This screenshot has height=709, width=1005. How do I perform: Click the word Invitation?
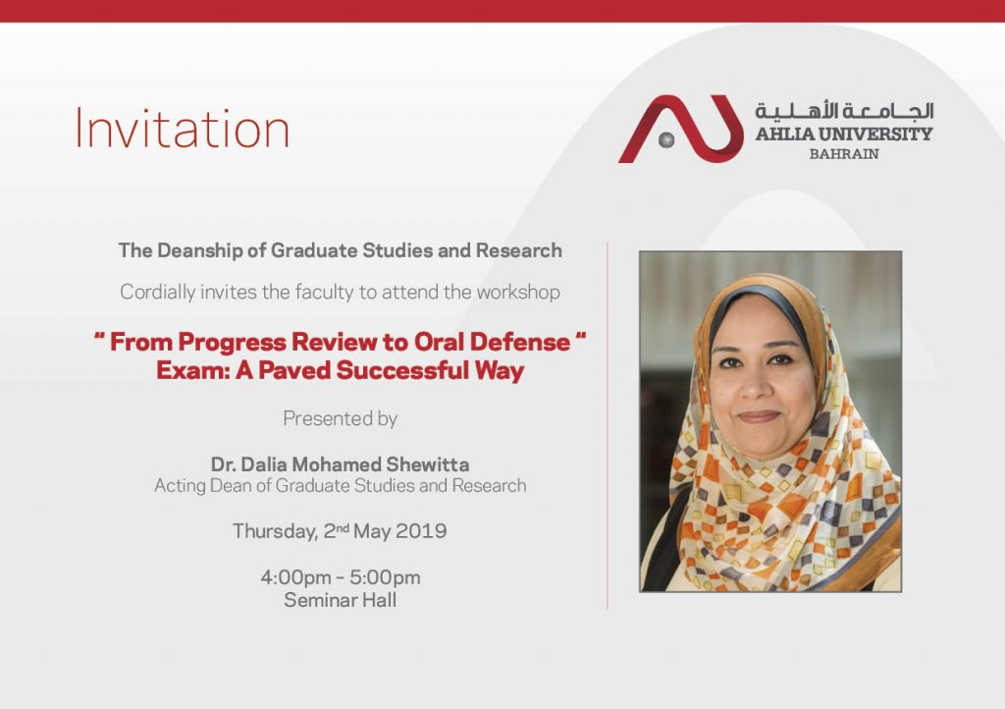(x=183, y=129)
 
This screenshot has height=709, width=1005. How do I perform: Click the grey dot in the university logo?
(x=666, y=139)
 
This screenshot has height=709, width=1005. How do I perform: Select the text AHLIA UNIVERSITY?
(x=844, y=134)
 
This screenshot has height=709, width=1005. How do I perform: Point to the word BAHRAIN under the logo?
(x=844, y=154)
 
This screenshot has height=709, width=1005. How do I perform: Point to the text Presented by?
(x=341, y=418)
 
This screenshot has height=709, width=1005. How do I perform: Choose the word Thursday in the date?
(x=275, y=531)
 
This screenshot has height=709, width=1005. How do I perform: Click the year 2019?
(x=421, y=531)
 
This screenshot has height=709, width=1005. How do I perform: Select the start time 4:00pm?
(x=296, y=577)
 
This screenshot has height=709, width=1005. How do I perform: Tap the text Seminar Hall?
(x=341, y=601)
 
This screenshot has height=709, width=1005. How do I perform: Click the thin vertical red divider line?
(x=607, y=425)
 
